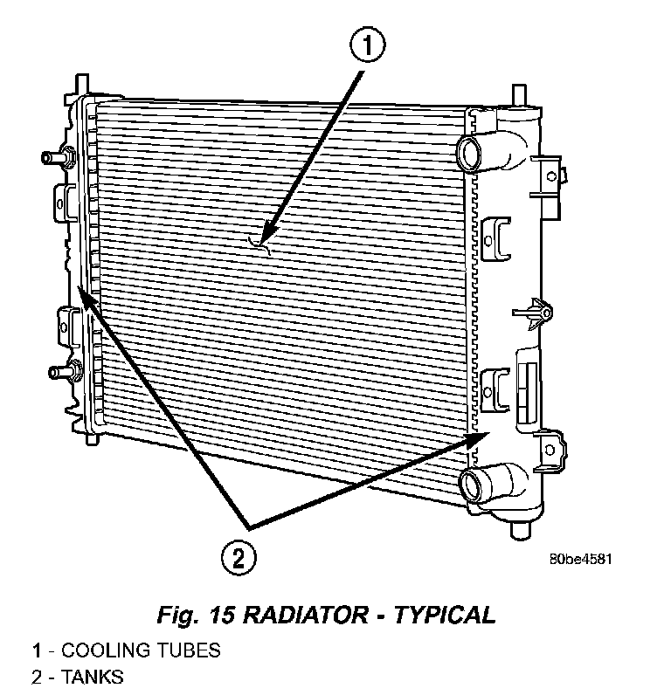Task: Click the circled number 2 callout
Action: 239,555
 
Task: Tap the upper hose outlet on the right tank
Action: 471,152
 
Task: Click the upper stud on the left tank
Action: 52,158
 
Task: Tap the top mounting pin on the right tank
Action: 517,92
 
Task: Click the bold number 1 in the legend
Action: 37,650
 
